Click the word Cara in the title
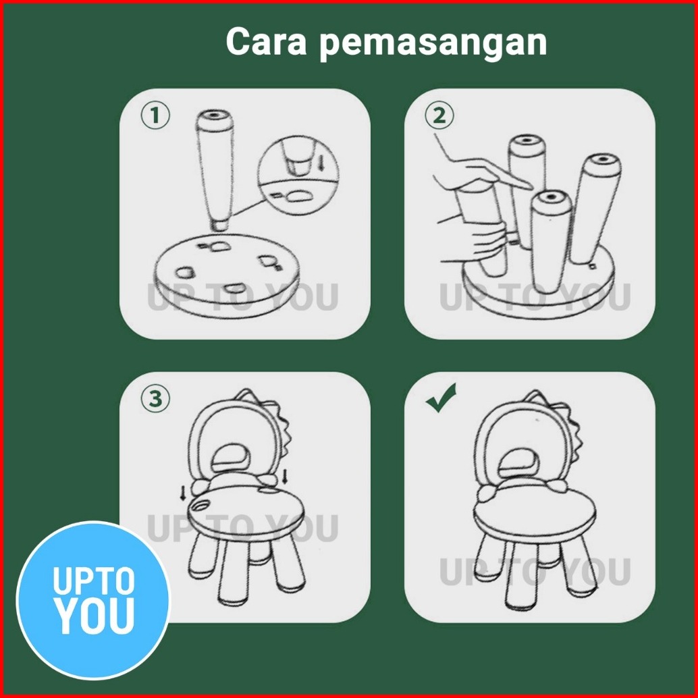(x=266, y=41)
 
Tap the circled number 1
(x=155, y=115)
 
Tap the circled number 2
(x=439, y=115)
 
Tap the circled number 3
(x=155, y=399)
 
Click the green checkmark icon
(x=441, y=397)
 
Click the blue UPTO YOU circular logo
(x=93, y=600)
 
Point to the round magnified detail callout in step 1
(x=298, y=176)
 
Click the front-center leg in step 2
(x=550, y=240)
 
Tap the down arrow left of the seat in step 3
(x=182, y=493)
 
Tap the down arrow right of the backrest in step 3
(x=285, y=476)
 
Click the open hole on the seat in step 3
(x=201, y=506)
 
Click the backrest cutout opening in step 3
(x=232, y=458)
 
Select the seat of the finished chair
(x=534, y=514)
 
